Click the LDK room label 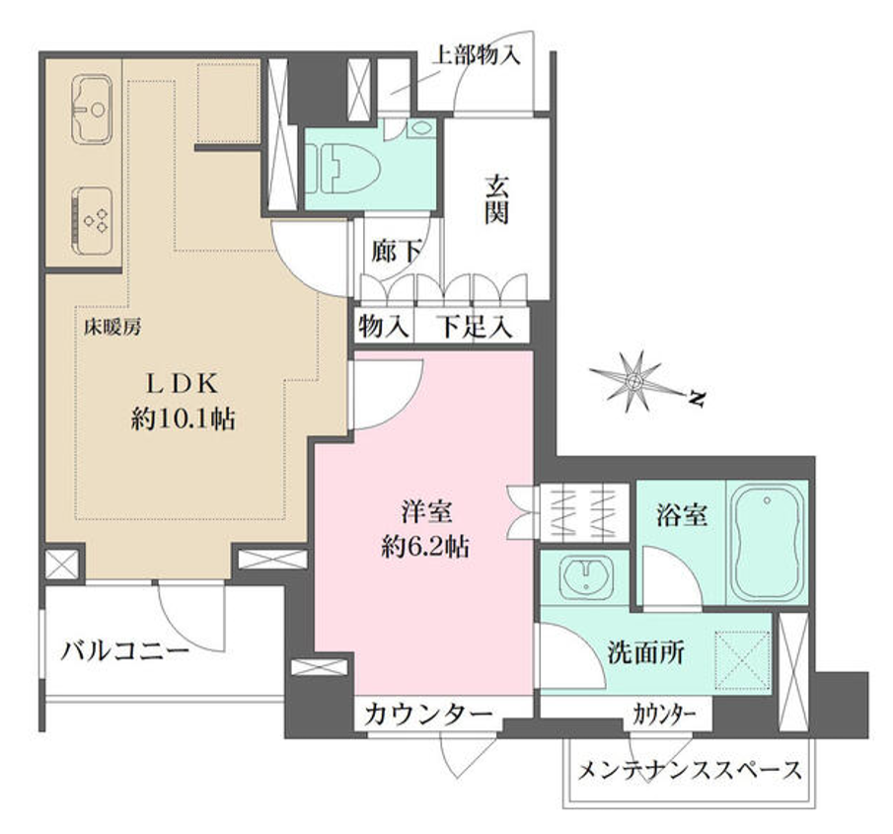click(x=183, y=385)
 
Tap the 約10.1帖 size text click(x=183, y=419)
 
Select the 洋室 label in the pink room click(x=426, y=510)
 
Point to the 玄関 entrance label click(x=496, y=200)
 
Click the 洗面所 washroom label click(x=645, y=652)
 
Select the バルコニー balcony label click(x=124, y=650)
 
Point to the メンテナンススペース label click(x=690, y=770)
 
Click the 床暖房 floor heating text click(x=112, y=327)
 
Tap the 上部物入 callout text click(x=477, y=55)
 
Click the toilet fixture click(x=342, y=168)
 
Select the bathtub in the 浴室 click(x=767, y=542)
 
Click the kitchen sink click(x=92, y=109)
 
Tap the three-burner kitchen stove click(x=92, y=220)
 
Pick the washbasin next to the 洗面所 click(x=586, y=576)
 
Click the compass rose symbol click(x=635, y=381)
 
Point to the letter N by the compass click(x=696, y=399)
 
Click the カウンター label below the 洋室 click(x=428, y=714)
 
